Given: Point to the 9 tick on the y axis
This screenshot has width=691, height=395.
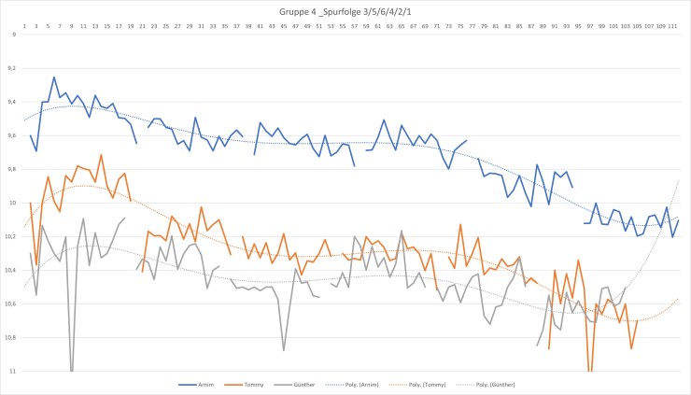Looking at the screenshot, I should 13,35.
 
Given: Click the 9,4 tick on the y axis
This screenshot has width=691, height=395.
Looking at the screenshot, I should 11,102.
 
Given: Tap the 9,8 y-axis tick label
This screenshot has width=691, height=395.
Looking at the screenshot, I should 11,169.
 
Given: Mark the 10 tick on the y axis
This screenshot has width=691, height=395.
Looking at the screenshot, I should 12,203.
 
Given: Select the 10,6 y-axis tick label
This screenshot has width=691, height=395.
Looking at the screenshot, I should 10,303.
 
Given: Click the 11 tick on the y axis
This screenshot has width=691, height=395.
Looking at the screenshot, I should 12,371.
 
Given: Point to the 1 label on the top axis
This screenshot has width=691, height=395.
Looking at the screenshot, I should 24,25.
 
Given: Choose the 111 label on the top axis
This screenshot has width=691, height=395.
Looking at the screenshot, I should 672,25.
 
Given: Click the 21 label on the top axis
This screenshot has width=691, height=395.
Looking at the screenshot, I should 142,25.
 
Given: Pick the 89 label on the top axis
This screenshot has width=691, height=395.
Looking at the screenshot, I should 543,25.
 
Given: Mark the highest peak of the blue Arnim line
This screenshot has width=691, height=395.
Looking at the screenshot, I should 54,77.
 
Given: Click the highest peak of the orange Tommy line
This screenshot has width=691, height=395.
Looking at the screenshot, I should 101,154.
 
